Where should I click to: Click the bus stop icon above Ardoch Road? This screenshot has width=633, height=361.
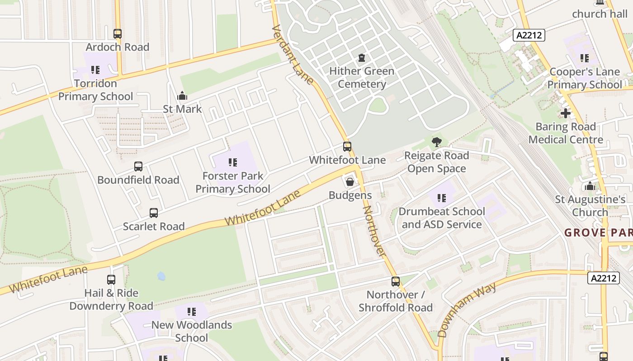[x=118, y=34]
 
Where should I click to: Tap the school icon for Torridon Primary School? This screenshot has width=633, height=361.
[x=95, y=70]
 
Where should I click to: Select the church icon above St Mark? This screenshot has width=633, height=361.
[x=182, y=96]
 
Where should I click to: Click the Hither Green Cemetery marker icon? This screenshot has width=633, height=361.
[x=361, y=58]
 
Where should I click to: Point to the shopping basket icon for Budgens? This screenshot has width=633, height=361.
[x=350, y=182]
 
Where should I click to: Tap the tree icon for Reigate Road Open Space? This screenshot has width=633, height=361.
[x=436, y=142]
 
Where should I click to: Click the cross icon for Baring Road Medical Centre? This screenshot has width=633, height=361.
[x=565, y=113]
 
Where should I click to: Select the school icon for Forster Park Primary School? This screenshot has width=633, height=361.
[x=233, y=162]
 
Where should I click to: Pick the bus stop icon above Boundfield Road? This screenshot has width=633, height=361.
[x=138, y=167]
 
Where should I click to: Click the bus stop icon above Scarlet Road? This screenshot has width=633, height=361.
[x=154, y=213]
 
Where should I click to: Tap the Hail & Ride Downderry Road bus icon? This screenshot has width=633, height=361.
[x=111, y=280]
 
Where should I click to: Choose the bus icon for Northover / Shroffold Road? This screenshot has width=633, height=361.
[x=396, y=282]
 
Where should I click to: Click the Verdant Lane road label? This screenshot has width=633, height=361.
[x=293, y=55]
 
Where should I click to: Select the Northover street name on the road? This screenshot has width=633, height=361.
[x=375, y=232]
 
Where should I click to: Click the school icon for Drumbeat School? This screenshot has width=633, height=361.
[x=442, y=198]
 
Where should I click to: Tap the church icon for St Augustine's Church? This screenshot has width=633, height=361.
[x=590, y=186]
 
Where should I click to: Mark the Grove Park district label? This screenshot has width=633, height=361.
[x=598, y=233]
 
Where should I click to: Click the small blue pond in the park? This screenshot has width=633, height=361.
[x=161, y=276]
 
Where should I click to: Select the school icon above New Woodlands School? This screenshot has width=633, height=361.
[x=192, y=312]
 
